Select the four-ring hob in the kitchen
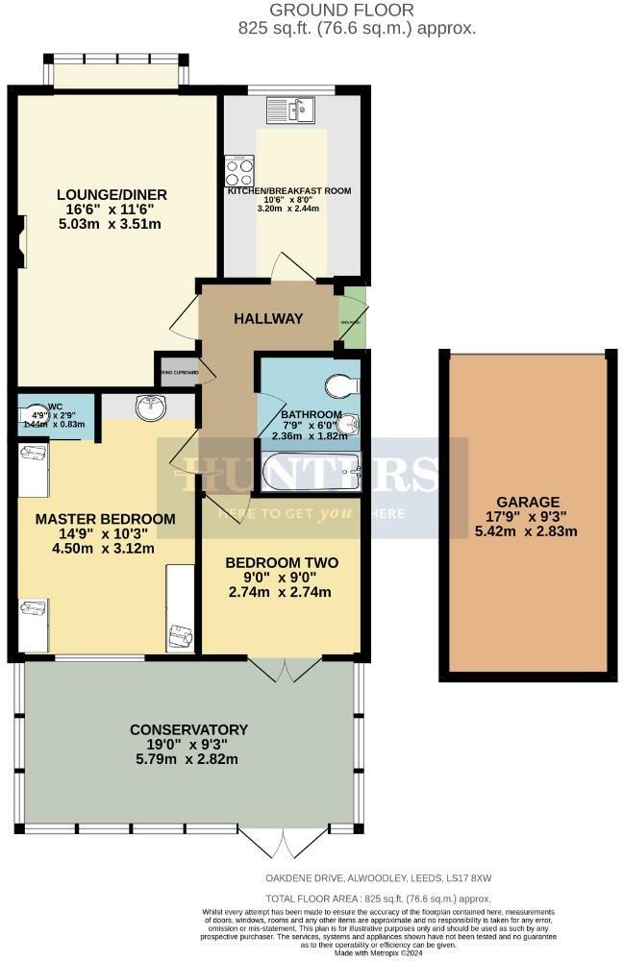click(237, 171)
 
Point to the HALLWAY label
click(268, 319)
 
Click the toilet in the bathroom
click(338, 386)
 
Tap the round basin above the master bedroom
click(150, 409)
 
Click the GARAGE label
click(528, 502)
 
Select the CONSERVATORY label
click(188, 729)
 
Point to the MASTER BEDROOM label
click(105, 519)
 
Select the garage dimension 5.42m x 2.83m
click(528, 532)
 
